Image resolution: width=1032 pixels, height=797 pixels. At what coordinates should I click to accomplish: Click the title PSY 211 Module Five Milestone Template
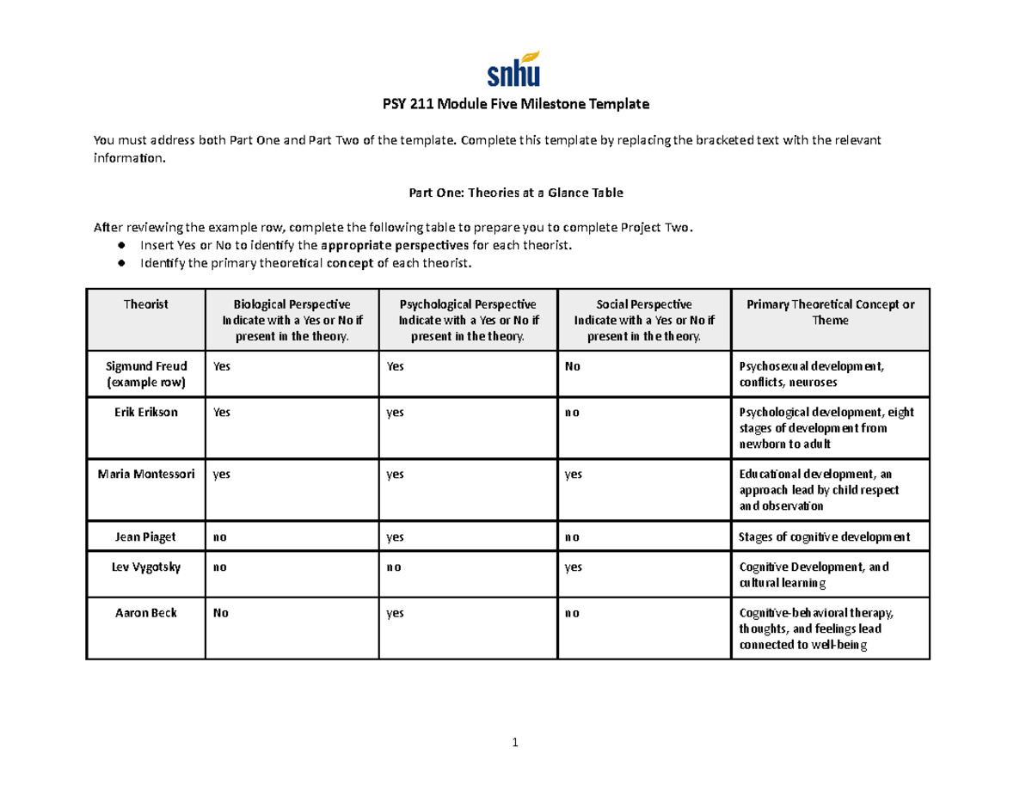[x=514, y=105]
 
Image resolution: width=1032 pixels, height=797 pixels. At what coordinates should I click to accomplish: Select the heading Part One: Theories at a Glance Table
[x=515, y=193]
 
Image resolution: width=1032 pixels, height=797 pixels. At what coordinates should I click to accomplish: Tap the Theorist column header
[x=145, y=304]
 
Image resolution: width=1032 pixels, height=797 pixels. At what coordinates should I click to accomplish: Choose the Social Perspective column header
[x=643, y=320]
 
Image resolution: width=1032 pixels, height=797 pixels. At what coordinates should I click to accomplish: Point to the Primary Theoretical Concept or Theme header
[x=830, y=312]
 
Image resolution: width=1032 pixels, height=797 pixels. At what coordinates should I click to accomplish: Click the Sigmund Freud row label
[x=145, y=373]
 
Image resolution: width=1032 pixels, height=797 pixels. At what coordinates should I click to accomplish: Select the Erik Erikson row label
[x=145, y=413]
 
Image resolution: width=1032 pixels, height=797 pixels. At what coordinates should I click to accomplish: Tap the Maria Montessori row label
[x=145, y=474]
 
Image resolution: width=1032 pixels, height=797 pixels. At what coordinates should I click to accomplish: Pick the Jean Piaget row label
[x=145, y=537]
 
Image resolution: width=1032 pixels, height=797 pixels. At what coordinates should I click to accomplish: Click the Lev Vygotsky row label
[x=145, y=567]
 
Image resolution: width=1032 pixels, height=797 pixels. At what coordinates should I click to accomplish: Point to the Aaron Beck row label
[x=145, y=614]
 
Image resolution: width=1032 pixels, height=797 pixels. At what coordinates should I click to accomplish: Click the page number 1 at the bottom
[x=514, y=744]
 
